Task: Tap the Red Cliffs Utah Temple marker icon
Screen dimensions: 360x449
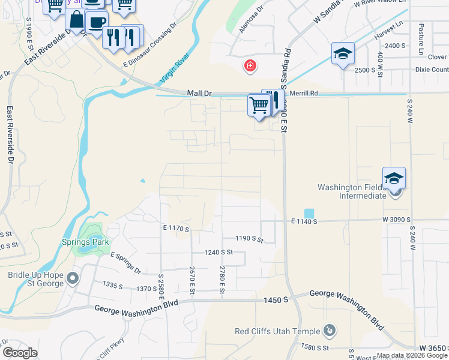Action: point(329,331)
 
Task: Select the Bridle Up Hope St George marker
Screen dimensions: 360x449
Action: point(73,278)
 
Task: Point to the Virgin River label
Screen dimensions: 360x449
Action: point(174,68)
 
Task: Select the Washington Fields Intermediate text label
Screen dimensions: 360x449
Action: point(352,191)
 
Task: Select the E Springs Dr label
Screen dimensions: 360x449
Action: point(125,262)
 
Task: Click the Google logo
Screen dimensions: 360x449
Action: point(19,353)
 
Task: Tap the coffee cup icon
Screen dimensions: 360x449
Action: point(96,23)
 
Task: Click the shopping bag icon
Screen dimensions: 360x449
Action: point(77,20)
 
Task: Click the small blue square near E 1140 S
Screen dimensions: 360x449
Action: point(309,213)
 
